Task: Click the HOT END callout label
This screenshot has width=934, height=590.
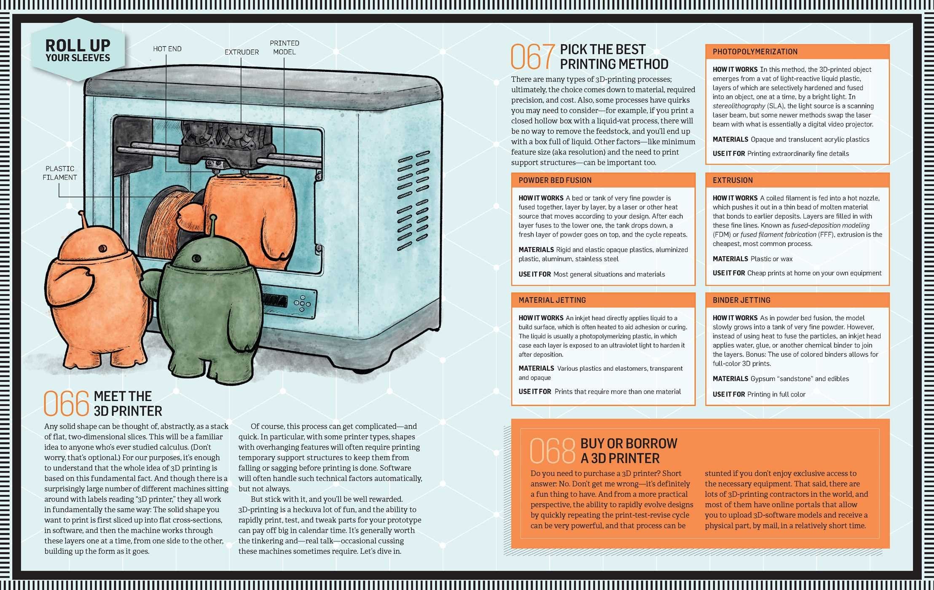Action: (167, 49)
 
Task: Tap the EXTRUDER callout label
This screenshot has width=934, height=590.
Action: (242, 52)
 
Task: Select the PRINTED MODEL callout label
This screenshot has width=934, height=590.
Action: (284, 48)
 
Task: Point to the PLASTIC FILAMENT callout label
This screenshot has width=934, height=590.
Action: (60, 173)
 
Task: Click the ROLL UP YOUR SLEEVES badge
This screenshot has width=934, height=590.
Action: (78, 50)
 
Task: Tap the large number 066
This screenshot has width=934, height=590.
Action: (66, 403)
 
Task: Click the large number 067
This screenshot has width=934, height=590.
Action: (533, 56)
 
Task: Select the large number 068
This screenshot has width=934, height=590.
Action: (552, 451)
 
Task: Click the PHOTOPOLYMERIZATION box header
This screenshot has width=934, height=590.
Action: (797, 52)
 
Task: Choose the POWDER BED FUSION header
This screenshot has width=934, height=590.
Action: (603, 180)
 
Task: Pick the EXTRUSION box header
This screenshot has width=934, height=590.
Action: (797, 180)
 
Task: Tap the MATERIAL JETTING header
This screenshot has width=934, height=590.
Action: (603, 300)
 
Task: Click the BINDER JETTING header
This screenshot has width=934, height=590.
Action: (797, 300)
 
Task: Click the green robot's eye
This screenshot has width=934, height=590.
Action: (196, 258)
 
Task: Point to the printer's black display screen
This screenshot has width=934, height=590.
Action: (274, 300)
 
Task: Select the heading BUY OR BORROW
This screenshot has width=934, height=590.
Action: (628, 443)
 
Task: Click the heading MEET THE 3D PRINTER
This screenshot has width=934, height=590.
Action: (128, 404)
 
